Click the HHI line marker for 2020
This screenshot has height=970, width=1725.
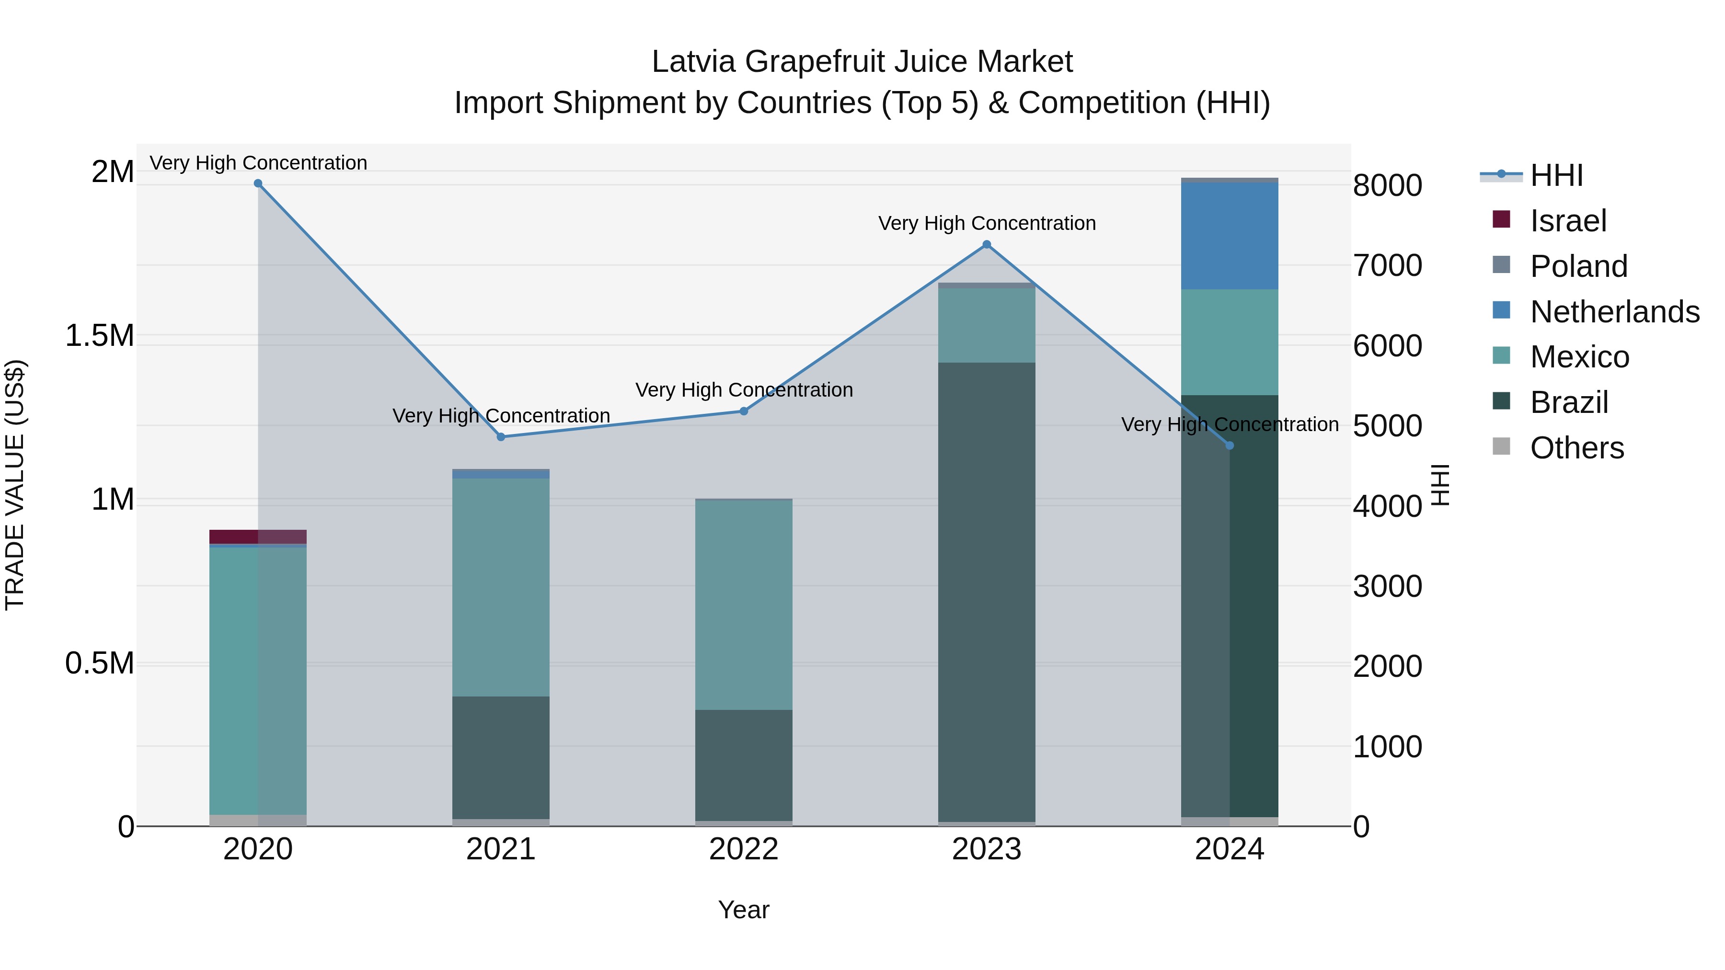coord(258,183)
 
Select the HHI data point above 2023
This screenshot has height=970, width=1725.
coord(987,245)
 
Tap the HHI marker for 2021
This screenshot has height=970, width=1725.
coord(501,437)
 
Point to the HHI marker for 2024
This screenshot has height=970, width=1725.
coord(1230,446)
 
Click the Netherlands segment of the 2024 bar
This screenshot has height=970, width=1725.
coord(1230,236)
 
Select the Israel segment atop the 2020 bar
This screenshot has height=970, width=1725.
coord(258,537)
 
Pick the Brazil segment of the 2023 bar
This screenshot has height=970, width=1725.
coord(987,593)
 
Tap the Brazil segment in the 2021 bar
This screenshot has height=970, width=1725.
coord(501,757)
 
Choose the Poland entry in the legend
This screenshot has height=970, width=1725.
coord(1578,266)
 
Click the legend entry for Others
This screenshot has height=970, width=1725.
coord(1576,448)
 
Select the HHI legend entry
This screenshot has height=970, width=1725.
coord(1556,175)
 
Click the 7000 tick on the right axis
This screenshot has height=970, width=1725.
coord(1387,266)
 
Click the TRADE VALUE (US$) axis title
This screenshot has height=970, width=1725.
coord(15,485)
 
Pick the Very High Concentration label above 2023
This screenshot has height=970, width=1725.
coord(987,224)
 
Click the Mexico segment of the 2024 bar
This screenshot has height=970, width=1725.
coord(1230,342)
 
